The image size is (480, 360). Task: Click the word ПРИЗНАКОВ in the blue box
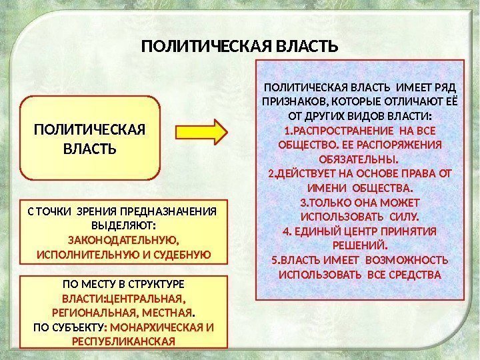click(291, 101)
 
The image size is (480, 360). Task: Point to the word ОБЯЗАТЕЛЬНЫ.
click(359, 159)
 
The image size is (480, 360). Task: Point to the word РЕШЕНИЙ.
click(359, 245)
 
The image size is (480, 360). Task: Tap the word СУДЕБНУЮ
click(178, 255)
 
